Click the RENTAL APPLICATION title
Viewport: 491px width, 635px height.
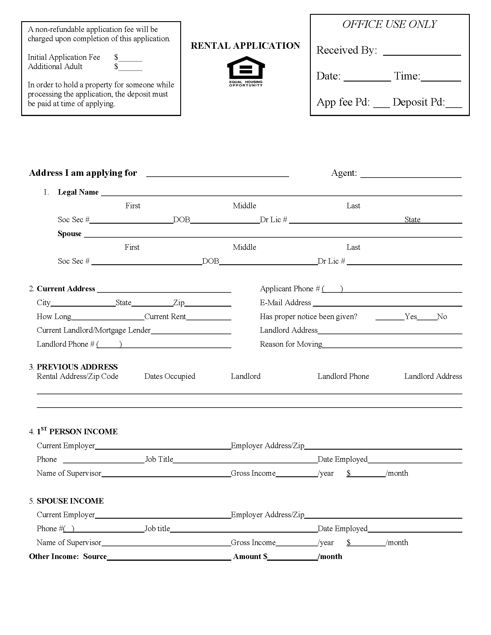pos(245,46)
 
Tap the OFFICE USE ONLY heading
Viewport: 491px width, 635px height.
pos(389,24)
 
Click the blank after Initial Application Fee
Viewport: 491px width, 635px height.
pos(130,58)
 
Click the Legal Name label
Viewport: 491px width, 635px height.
pos(78,192)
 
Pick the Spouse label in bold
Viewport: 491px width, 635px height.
pos(70,234)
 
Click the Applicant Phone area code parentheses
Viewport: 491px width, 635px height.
pos(333,289)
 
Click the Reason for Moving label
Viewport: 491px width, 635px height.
pos(291,344)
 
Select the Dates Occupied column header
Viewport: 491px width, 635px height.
pos(169,376)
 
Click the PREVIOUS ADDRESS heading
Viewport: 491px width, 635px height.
pos(77,367)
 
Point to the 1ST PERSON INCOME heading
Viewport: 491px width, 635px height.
pos(77,432)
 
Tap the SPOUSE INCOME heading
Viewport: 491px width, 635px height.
pos(70,501)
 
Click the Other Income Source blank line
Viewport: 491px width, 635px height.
pos(169,558)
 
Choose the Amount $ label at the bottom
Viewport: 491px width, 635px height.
pos(250,557)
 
